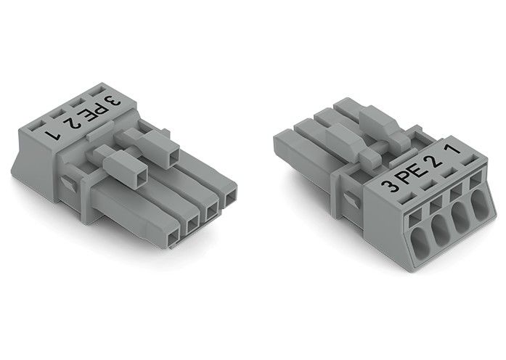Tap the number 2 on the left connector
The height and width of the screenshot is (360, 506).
coord(72,123)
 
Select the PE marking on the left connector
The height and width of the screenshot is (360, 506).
coord(94,112)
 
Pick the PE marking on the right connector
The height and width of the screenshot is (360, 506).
coord(411,174)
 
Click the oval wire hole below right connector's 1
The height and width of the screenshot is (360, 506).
coord(480,203)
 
